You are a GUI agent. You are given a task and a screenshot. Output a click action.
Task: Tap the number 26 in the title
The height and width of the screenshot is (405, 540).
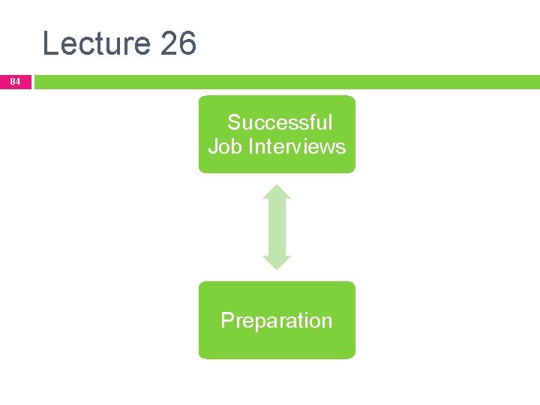point(178,43)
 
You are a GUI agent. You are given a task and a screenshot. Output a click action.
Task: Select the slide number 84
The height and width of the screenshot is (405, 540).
point(16,81)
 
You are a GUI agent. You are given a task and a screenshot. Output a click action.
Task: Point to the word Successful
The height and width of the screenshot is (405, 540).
point(280,122)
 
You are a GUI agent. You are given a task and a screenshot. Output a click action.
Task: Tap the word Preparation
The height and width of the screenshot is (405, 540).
point(276,320)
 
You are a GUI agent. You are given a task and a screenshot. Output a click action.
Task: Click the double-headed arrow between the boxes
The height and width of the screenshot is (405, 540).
point(277,226)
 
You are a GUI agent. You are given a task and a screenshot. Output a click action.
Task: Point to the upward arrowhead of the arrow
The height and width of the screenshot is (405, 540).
point(277,191)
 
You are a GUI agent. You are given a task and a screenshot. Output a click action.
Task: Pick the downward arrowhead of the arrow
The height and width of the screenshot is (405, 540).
point(277,262)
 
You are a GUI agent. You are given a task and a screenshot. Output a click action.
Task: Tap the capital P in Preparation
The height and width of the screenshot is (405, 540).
point(226,320)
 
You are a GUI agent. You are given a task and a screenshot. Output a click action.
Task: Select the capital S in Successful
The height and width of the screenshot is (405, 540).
point(234,122)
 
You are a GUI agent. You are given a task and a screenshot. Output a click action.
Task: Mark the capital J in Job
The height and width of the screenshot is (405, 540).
point(213,145)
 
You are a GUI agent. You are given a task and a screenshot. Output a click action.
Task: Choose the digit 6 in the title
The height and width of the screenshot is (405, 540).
point(187,43)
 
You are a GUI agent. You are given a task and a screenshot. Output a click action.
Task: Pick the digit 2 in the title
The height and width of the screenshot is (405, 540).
point(169,43)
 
